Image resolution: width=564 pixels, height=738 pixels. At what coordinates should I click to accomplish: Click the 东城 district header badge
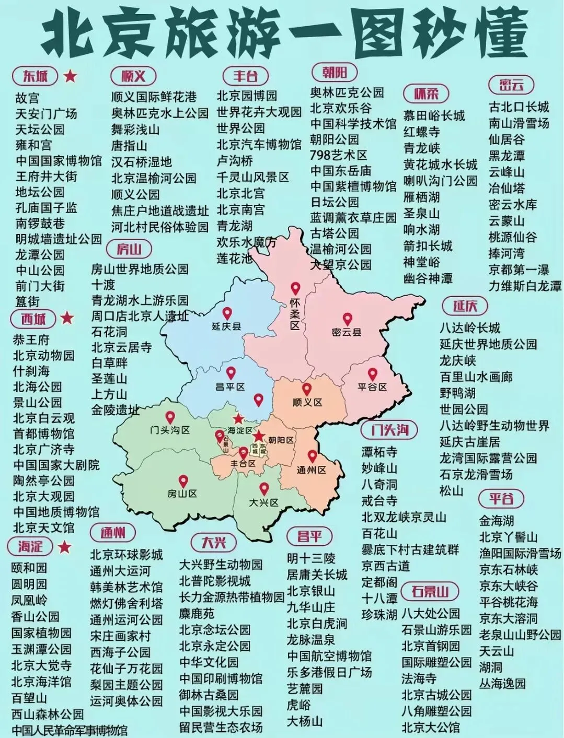35,76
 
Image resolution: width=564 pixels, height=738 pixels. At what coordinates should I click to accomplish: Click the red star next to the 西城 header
67,318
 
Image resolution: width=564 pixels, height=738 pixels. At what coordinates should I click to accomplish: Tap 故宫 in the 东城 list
27,98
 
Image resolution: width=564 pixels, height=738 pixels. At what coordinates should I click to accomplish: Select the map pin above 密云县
347,319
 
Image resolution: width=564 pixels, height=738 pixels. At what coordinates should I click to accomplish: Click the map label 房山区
182,494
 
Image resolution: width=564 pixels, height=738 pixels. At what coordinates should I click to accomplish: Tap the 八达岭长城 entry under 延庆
470,328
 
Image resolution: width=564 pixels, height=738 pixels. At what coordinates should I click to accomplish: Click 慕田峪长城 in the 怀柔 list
434,115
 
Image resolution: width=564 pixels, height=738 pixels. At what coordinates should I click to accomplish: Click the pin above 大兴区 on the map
264,489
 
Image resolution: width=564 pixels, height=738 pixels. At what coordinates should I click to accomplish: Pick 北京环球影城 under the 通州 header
126,554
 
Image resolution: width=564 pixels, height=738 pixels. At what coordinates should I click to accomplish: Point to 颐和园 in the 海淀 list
29,568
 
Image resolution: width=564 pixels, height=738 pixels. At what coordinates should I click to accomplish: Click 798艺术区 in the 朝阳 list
339,155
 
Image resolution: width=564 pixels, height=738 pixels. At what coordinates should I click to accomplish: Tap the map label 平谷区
372,387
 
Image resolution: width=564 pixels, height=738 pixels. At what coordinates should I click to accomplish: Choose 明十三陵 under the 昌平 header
311,558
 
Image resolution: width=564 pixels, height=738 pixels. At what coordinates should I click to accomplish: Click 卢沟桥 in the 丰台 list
235,161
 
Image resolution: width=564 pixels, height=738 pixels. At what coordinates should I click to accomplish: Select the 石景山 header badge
430,591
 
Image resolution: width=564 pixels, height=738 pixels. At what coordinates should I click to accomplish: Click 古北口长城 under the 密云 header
519,107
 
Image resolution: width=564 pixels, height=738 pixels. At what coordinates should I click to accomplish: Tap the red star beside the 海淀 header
64,547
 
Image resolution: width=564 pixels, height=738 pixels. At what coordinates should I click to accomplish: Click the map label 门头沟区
169,430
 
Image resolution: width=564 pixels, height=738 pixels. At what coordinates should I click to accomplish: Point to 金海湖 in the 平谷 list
497,521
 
